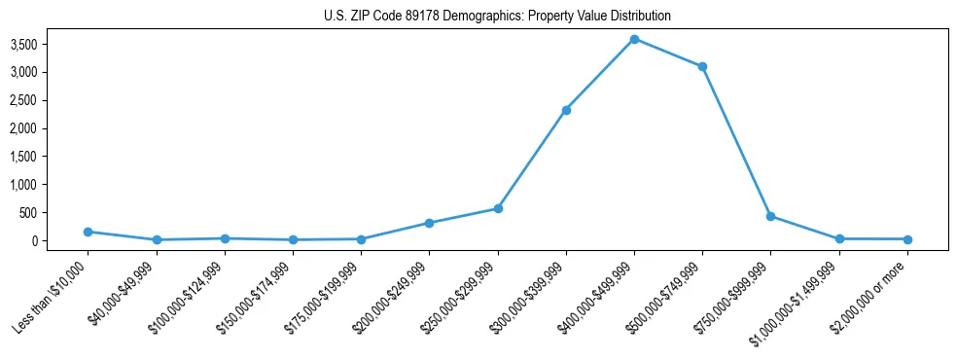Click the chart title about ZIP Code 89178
[x=497, y=17]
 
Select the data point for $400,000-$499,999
[x=634, y=39]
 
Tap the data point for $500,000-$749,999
[x=702, y=66]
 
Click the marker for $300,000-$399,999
[x=566, y=110]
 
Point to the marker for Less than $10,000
[x=88, y=232]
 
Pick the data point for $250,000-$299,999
[x=498, y=208]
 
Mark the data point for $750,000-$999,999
[x=770, y=216]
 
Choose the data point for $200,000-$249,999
[x=429, y=223]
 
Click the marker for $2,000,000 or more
[x=907, y=239]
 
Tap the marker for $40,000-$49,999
[x=157, y=239]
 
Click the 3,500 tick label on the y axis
[x=51, y=45]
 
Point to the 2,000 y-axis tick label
[x=51, y=128]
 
